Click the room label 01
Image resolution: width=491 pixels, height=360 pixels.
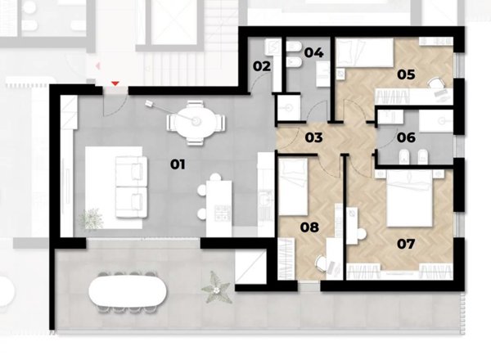(178, 164)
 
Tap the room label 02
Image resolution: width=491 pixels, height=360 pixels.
(262, 66)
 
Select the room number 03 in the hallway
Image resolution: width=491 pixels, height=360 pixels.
(313, 137)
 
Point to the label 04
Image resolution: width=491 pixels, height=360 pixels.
(313, 52)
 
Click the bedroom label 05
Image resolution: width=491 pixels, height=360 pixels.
(406, 74)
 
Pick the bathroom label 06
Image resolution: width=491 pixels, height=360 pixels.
(406, 137)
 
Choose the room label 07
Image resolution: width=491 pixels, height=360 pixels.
(406, 244)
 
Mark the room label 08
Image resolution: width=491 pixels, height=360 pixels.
(309, 227)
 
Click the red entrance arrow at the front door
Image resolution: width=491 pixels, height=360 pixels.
(115, 83)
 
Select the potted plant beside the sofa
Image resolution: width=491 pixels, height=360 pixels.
(91, 218)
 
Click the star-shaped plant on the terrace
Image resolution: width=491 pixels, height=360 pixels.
(216, 288)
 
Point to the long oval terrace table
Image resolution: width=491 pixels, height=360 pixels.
(128, 292)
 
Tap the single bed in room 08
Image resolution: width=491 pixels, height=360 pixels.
(293, 187)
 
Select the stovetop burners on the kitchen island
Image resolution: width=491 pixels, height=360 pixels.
(223, 212)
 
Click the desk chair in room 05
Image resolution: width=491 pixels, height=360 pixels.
(435, 83)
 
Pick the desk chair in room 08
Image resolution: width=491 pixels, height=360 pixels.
(322, 263)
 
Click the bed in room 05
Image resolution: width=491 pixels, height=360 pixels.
(364, 52)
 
